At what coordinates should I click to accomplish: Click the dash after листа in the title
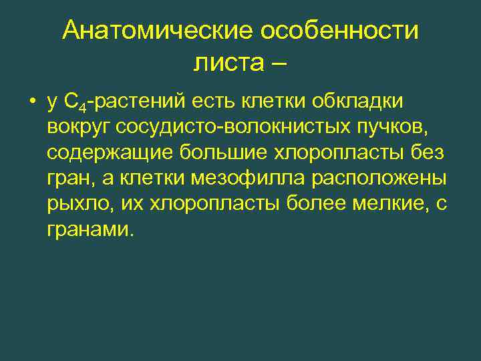(279, 64)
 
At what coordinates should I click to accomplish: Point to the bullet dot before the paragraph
(31, 102)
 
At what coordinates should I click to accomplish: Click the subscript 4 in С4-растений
(84, 107)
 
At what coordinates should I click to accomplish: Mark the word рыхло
(73, 204)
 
